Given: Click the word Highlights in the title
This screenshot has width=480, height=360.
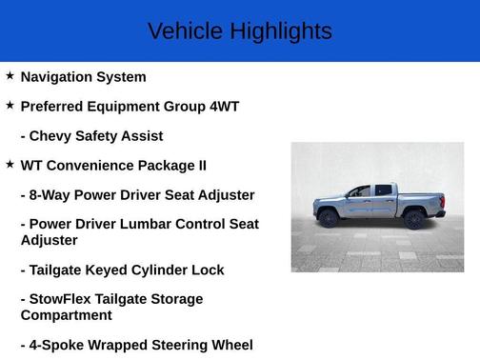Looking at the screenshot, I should click(280, 31).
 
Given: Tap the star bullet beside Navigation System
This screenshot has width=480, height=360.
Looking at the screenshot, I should click(10, 75).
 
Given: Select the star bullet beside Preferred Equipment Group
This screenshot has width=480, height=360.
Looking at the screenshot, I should click(10, 105).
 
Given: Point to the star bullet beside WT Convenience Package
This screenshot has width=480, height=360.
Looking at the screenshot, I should click(10, 164).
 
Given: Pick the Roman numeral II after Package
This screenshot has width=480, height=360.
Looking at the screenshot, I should click(200, 166).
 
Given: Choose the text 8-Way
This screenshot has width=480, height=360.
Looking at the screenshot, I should click(50, 195).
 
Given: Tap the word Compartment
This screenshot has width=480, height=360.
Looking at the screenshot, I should click(66, 315).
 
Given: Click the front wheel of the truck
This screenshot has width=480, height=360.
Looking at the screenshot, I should click(330, 218).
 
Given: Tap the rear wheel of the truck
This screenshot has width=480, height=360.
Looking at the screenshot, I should click(413, 218).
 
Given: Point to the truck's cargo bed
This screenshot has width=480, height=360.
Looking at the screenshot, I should click(418, 199).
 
